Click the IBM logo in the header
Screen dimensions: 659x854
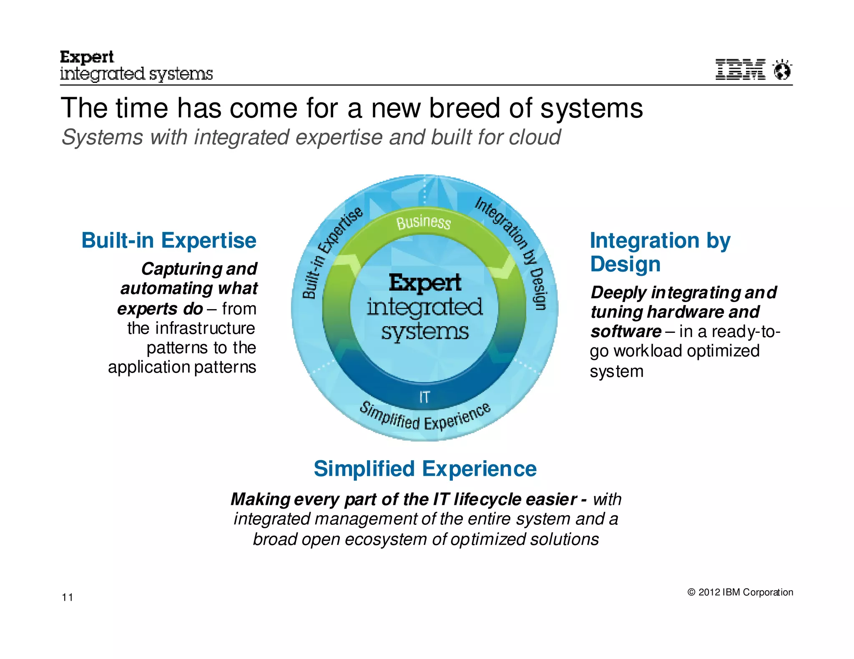[740, 69]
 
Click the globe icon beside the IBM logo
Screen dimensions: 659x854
[782, 70]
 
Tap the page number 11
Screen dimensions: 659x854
[68, 597]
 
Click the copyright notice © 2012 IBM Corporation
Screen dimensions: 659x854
[740, 592]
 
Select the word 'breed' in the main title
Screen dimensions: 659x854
[464, 108]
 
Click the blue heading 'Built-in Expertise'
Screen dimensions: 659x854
[168, 240]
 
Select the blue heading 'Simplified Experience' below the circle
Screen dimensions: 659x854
[425, 469]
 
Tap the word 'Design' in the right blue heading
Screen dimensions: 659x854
[625, 264]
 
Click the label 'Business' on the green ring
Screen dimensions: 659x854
[423, 222]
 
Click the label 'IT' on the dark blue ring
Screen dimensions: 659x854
[424, 397]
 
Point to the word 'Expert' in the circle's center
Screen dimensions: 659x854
[425, 282]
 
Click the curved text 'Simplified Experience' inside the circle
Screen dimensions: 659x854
[425, 418]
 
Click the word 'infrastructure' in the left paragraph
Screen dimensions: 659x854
[205, 328]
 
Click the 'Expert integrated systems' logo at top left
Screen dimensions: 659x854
[136, 66]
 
